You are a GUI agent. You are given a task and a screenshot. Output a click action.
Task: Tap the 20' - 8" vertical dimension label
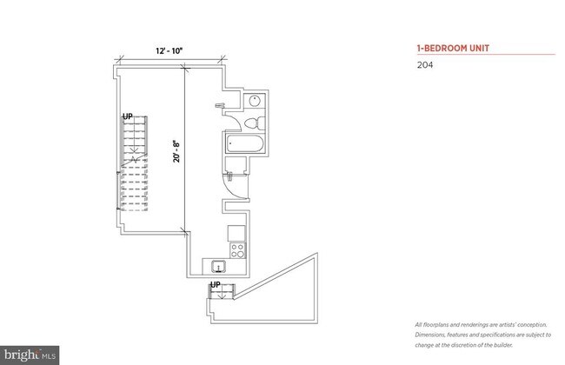176,152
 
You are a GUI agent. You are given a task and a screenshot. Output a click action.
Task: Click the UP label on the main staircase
128,116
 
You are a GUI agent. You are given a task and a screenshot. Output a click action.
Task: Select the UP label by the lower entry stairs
216,285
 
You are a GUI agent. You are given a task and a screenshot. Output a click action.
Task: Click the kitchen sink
218,266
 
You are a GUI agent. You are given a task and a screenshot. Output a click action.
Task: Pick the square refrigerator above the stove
236,232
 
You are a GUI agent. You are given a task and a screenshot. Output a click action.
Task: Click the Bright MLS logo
30,354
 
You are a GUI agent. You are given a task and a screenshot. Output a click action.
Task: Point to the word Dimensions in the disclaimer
432,334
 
